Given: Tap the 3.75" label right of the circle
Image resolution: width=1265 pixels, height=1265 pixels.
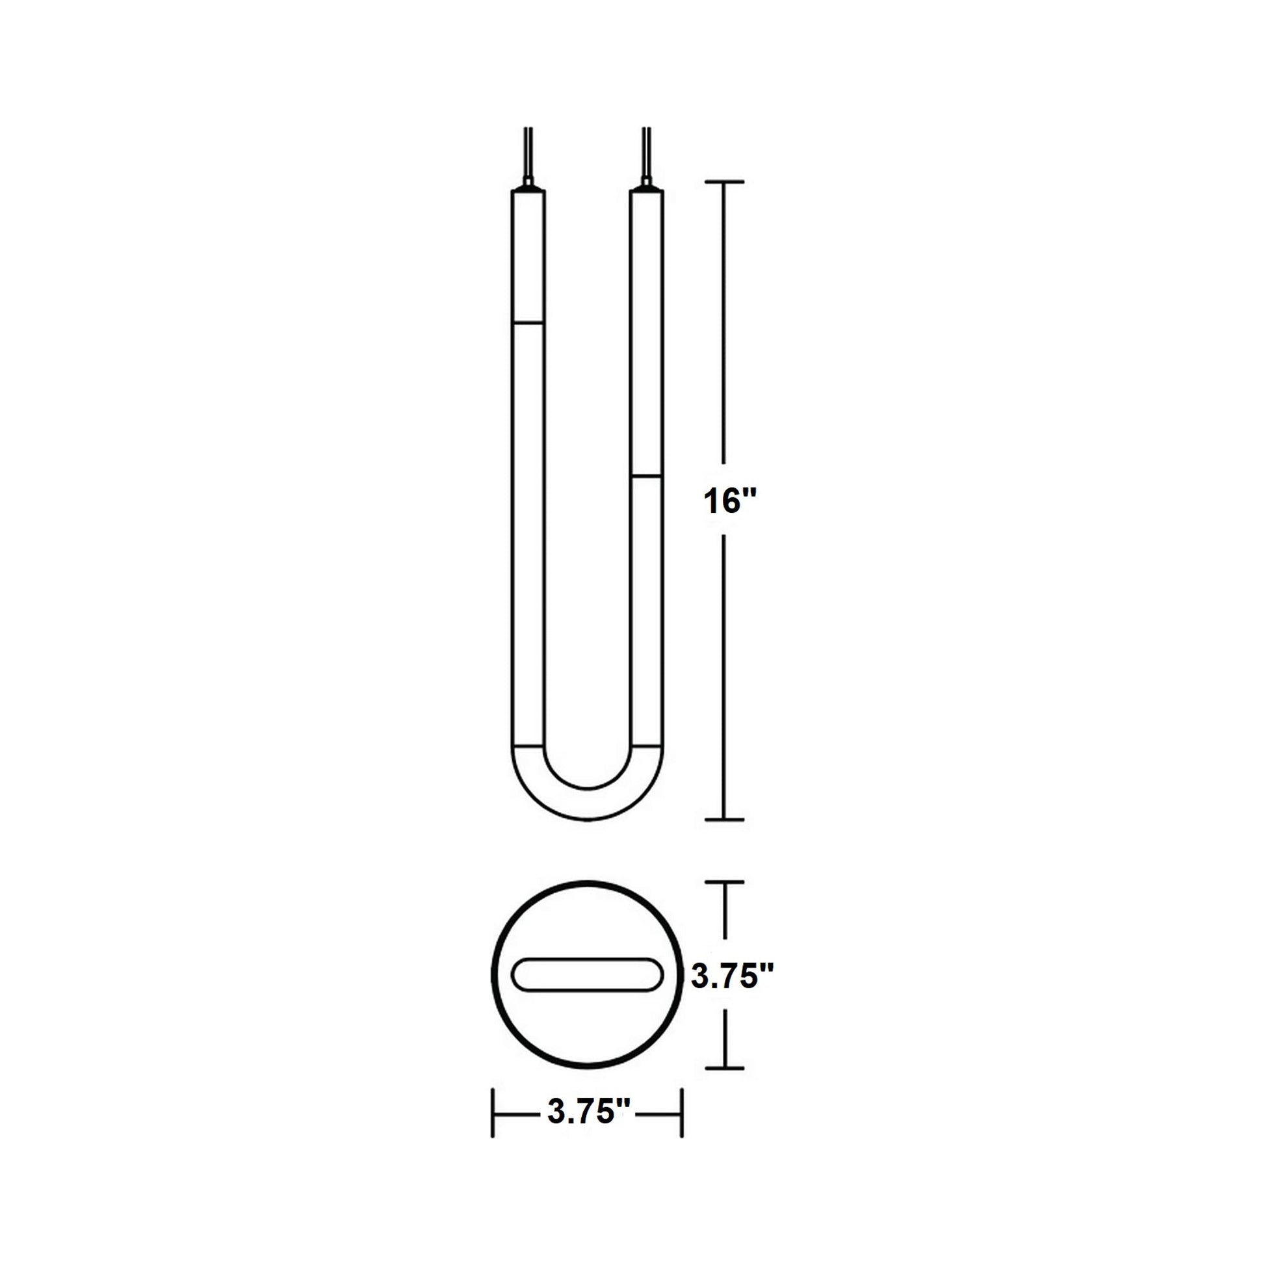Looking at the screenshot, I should click(733, 996).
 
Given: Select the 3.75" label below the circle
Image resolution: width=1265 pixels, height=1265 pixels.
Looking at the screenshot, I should click(589, 1112).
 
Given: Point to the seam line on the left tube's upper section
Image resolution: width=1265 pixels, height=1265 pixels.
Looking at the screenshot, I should click(528, 323).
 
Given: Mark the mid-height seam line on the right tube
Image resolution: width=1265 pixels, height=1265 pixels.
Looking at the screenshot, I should click(646, 476).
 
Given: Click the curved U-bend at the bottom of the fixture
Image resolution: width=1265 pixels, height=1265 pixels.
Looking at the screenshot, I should click(588, 803).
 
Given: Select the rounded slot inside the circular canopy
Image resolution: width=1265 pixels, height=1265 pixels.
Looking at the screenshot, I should click(588, 993).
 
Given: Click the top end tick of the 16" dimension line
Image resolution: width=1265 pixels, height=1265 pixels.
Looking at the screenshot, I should click(724, 181).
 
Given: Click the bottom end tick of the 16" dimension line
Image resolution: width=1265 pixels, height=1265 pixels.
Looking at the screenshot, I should click(724, 819).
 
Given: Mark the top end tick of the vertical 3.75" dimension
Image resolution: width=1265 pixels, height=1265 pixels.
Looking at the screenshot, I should click(724, 883).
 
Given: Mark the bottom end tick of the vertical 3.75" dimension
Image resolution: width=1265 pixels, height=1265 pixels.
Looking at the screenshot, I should click(724, 1068).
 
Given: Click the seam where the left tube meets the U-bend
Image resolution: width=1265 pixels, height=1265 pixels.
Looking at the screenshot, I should click(528, 746).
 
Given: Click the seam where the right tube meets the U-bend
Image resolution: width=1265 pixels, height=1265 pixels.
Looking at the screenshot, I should click(646, 746).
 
